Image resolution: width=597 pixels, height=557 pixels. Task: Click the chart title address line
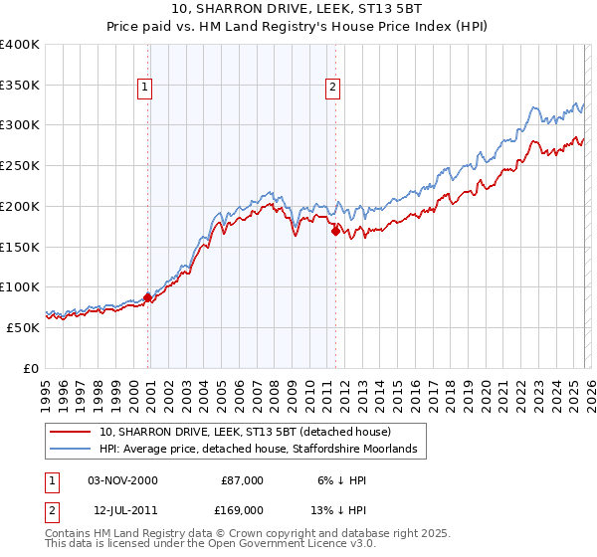coord(298,8)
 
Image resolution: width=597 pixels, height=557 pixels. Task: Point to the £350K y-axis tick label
coord(20,86)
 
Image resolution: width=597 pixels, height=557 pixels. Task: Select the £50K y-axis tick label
coord(23,327)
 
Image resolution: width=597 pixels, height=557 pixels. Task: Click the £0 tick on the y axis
coord(32,368)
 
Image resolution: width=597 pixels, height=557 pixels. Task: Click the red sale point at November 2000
coord(148,297)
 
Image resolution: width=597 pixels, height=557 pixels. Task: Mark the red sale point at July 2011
coord(335,231)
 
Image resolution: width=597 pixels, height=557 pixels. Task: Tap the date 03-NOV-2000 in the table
coord(122,480)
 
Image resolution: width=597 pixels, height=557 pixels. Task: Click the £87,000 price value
coord(242,480)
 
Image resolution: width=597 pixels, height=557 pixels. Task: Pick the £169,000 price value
coord(242,510)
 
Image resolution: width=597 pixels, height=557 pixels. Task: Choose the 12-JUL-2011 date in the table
coord(122,510)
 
